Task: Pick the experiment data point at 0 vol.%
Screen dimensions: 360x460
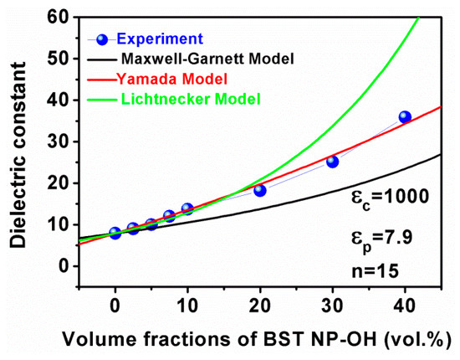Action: point(115,233)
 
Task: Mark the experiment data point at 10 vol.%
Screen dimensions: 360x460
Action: point(187,208)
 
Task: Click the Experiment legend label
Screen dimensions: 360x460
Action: point(161,38)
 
